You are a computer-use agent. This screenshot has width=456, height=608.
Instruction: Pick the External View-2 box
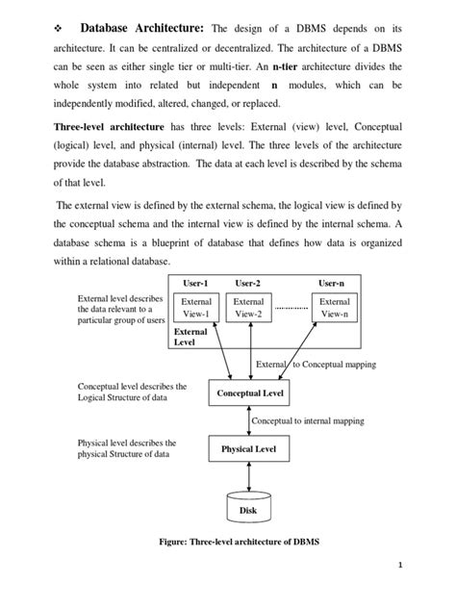point(249,307)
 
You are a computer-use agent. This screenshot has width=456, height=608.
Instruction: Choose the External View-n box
point(334,307)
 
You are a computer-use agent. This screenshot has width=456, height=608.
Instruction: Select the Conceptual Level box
point(249,393)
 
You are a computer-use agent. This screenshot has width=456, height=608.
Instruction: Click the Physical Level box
point(249,448)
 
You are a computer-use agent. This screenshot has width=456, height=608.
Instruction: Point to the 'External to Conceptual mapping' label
point(315,365)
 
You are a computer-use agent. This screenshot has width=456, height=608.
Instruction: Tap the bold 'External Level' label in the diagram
point(190,335)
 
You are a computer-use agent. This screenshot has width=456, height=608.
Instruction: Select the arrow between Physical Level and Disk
point(249,476)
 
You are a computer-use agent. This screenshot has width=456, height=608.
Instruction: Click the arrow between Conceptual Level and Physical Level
point(249,421)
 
